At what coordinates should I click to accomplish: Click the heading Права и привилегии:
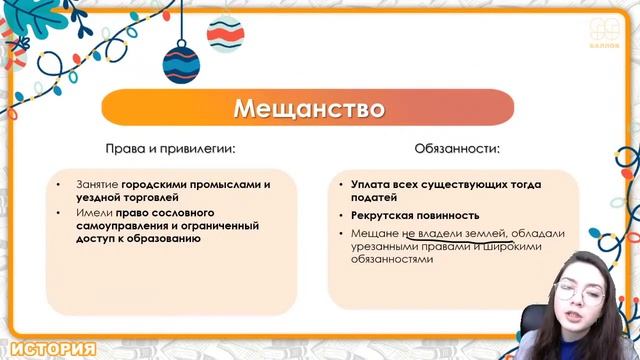click(170, 149)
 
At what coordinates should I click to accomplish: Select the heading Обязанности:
click(456, 149)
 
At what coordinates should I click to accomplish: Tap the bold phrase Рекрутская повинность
click(415, 215)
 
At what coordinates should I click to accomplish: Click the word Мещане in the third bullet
click(374, 233)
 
